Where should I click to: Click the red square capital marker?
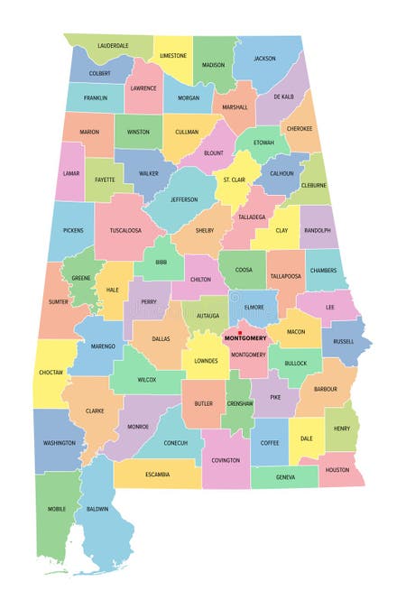point(240,334)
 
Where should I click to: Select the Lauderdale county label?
point(113,45)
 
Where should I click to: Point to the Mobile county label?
point(56,509)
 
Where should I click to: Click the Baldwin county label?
point(97,509)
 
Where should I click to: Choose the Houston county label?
point(337,470)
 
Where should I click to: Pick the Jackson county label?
point(264,59)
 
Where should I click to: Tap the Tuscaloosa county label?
point(125,230)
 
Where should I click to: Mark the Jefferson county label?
point(184,199)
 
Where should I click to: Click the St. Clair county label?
point(234,180)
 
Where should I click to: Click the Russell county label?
point(344,342)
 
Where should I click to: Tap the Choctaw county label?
point(51,371)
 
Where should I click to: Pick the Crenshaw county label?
point(240,404)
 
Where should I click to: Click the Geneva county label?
point(286,477)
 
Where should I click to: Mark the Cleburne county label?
point(314,186)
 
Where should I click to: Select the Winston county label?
point(138,132)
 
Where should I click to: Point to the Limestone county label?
point(172,56)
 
